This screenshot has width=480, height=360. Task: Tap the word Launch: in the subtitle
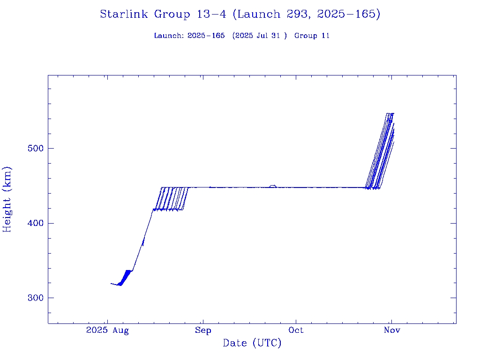pos(169,36)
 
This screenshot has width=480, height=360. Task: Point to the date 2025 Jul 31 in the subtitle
pos(259,36)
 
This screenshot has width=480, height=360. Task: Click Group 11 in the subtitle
pos(312,36)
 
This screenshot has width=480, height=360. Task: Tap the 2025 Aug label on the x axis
pos(107,330)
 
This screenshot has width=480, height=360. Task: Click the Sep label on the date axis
pos(203,330)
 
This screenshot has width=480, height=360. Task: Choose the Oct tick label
pos(296,330)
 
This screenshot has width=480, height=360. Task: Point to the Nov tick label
pos(392,330)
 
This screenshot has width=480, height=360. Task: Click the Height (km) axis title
pos(7,199)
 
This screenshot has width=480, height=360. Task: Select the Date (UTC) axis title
pos(252,344)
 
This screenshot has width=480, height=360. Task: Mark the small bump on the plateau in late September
pos(273,186)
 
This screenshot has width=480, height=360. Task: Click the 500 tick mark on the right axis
pos(453,148)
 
